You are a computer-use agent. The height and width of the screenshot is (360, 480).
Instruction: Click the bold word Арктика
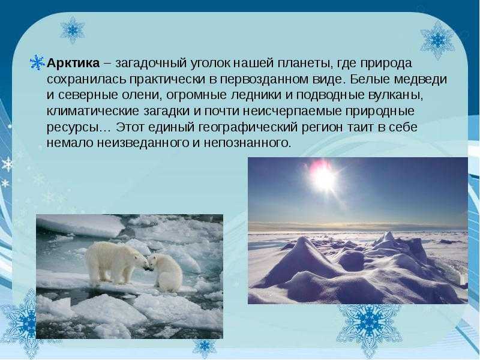click(x=73, y=63)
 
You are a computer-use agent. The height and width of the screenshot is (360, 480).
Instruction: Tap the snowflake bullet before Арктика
click(x=37, y=63)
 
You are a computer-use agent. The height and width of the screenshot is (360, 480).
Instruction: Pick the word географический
click(x=248, y=127)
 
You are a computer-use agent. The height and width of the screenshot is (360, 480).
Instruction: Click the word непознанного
click(x=247, y=143)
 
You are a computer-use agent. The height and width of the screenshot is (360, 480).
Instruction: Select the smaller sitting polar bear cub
click(x=165, y=272)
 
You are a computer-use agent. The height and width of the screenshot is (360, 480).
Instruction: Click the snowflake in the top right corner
click(x=437, y=40)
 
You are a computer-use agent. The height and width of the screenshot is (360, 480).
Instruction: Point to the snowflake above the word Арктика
click(x=72, y=30)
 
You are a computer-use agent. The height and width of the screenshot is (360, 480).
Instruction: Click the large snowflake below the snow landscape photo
click(x=369, y=324)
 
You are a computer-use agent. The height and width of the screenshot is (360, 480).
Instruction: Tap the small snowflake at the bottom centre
click(x=204, y=347)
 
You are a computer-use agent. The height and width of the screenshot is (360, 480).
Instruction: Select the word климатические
click(x=93, y=111)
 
